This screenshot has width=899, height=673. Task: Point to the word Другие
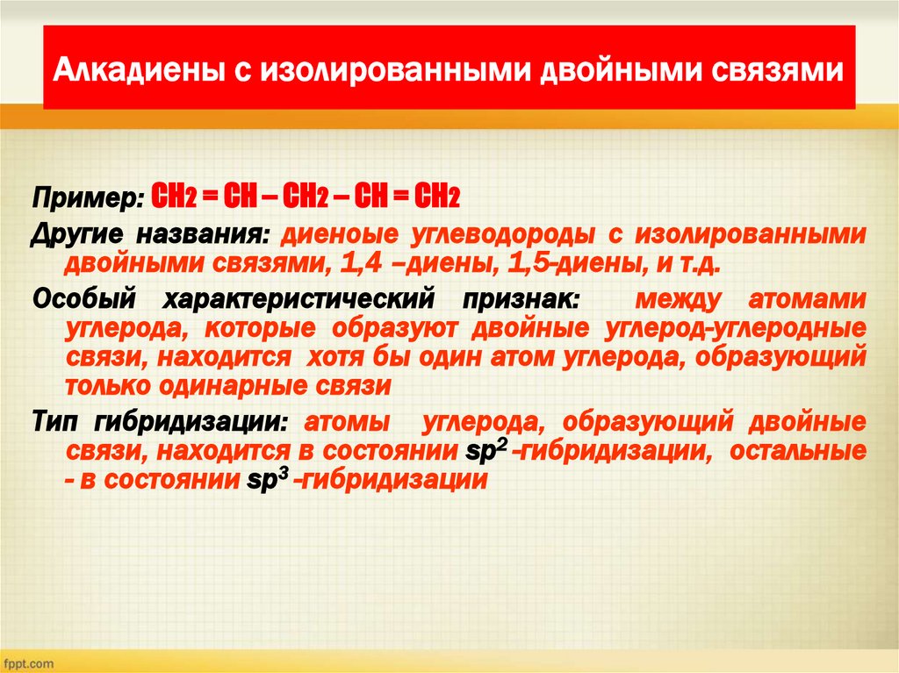[x=78, y=235]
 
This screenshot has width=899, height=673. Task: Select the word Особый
[x=87, y=299]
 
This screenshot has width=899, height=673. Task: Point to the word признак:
[x=519, y=299]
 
